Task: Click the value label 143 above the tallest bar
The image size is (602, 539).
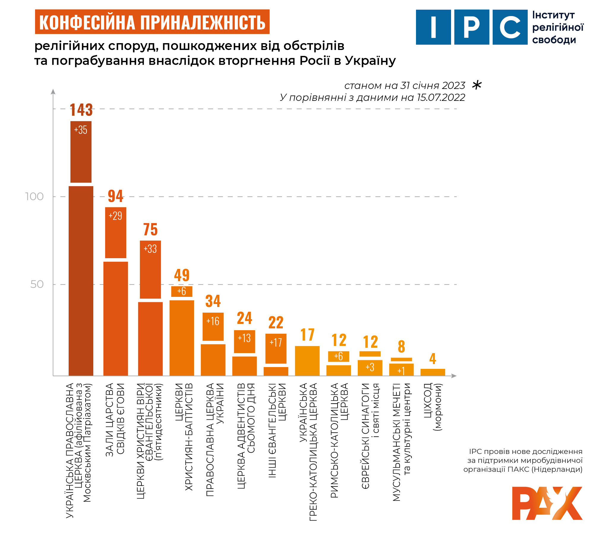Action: [x=81, y=110]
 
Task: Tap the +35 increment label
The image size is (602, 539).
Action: [x=81, y=130]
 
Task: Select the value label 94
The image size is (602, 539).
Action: [x=115, y=196]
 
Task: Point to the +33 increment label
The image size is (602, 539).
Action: [x=150, y=249]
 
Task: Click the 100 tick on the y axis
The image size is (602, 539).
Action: [x=34, y=197]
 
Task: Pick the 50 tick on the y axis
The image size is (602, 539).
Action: [x=37, y=284]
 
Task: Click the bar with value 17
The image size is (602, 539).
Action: [x=307, y=361]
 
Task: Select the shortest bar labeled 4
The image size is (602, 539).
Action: [x=433, y=372]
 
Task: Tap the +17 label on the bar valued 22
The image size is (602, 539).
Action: [x=276, y=343]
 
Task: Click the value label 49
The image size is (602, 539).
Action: [x=182, y=275]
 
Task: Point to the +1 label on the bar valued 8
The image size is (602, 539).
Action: [x=401, y=371]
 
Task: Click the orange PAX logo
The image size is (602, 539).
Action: [x=547, y=503]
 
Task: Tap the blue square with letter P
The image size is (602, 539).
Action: [x=472, y=27]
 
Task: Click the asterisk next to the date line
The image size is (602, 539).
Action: [x=477, y=85]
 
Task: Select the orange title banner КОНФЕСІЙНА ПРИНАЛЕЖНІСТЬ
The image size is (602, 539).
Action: [x=152, y=22]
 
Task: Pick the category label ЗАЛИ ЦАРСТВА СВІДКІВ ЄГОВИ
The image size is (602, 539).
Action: [x=115, y=419]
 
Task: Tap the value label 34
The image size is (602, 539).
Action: [x=213, y=301]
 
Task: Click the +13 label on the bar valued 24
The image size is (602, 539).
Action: [x=244, y=338]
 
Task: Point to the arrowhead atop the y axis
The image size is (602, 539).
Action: [x=53, y=91]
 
